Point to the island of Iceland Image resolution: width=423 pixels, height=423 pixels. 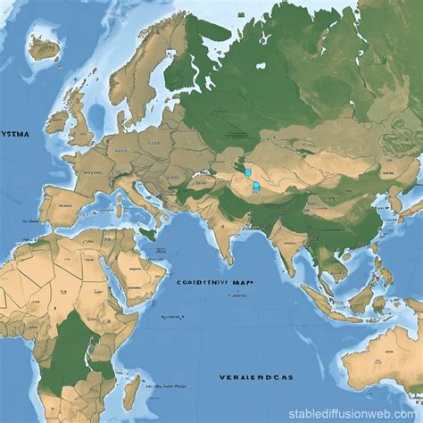click(x=43, y=46)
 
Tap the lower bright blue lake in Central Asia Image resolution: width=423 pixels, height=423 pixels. click(x=256, y=187)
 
